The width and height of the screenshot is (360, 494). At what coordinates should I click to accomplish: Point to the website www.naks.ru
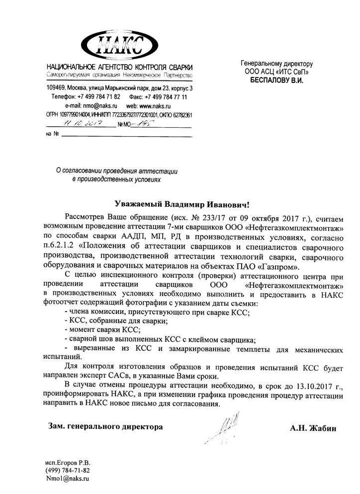point(156,106)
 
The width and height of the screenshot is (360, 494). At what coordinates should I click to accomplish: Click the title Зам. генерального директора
point(105,426)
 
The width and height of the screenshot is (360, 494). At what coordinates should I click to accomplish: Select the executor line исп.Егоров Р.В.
point(68,462)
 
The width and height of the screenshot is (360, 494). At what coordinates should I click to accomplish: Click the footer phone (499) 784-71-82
point(68,470)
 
